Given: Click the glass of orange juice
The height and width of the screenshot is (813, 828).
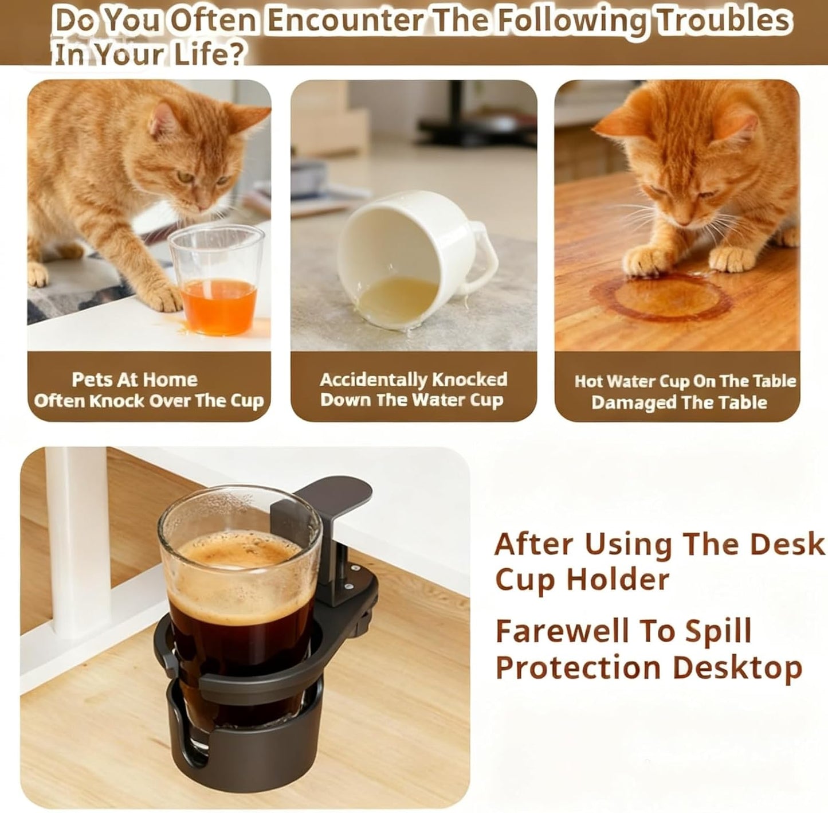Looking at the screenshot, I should click(217, 281).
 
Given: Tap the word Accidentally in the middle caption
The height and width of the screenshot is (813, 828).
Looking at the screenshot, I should click(374, 380).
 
